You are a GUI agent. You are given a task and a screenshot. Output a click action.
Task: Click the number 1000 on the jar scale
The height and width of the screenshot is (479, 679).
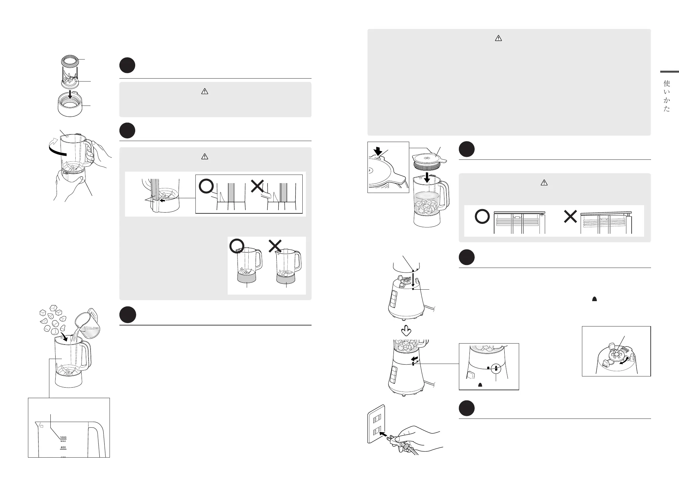pos(63,437)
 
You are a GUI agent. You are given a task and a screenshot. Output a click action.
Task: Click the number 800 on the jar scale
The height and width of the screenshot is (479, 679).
pos(63,447)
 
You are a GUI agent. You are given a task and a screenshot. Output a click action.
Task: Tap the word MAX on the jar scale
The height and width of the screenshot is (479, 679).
pos(63,441)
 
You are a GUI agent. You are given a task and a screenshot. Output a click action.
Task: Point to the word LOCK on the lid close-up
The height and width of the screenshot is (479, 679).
pos(377,158)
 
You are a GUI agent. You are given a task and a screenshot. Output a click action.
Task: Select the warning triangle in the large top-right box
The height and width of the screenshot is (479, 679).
pos(498,38)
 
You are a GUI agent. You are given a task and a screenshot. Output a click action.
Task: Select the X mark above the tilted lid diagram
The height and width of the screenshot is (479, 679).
pos(570,217)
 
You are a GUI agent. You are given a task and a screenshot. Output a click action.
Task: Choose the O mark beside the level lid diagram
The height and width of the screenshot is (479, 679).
pos(482,217)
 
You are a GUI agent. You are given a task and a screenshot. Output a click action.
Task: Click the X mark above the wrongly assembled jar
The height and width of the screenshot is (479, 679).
pos(275,245)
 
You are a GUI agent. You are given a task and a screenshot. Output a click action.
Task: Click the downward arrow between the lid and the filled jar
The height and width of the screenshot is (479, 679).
pos(427,178)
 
